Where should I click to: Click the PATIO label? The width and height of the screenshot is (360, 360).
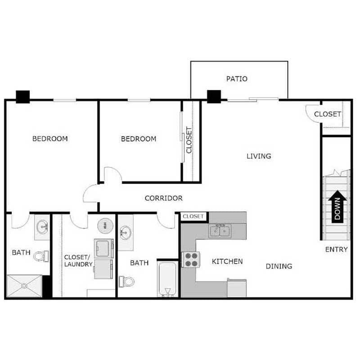236,79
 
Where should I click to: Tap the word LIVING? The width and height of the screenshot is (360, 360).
259,156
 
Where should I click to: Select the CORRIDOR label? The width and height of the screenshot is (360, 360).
163,198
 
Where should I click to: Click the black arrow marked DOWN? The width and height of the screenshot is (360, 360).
338,207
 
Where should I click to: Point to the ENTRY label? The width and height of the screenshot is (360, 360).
336,249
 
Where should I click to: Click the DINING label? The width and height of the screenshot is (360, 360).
279,266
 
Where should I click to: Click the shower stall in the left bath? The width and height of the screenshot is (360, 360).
25,286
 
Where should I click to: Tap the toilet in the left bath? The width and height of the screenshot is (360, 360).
40,256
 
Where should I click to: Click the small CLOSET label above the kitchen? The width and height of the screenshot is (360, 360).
193,216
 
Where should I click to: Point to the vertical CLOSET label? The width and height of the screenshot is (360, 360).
189,140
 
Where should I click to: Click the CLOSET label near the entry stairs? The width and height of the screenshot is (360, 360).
327,114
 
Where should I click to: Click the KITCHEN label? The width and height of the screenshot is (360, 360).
227,261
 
